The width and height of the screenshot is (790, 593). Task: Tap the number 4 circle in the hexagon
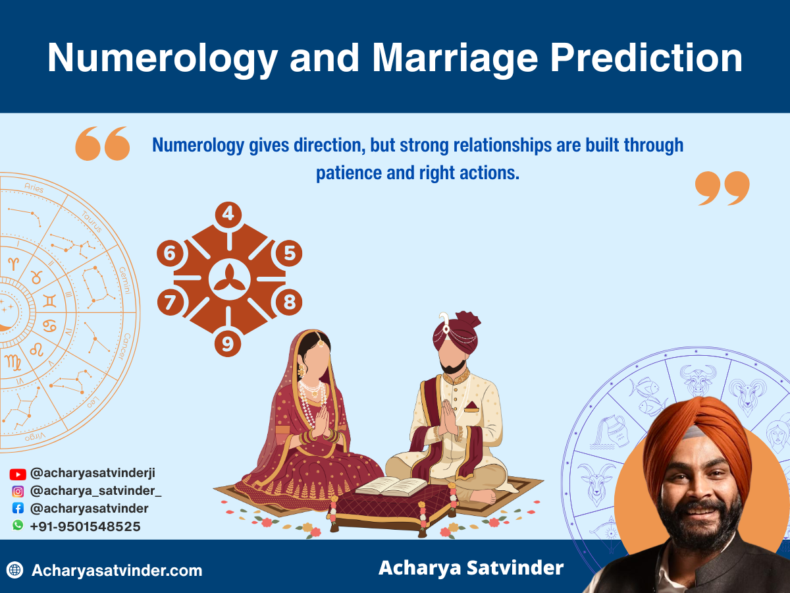click(228, 214)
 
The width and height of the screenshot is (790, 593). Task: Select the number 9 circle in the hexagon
click(228, 344)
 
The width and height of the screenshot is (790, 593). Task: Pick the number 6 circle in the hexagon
click(171, 254)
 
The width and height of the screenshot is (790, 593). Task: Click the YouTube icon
click(18, 474)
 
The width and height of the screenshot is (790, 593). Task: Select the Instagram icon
click(18, 491)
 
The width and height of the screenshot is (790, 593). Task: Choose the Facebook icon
click(18, 509)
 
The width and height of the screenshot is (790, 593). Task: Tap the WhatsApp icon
click(18, 526)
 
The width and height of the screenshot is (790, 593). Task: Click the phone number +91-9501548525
click(85, 526)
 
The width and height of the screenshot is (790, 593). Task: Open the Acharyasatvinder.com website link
click(117, 571)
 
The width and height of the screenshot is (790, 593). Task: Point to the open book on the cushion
click(391, 486)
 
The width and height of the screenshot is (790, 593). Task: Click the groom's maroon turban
click(457, 329)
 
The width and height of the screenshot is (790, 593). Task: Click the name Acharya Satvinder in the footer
click(471, 568)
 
